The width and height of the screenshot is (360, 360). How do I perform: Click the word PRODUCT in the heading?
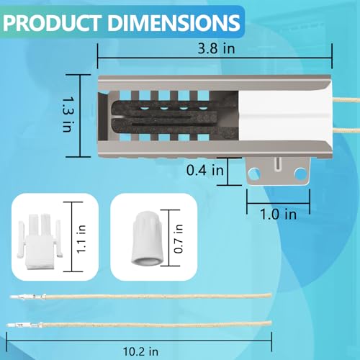52,23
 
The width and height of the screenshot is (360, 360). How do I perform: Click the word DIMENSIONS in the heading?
174,23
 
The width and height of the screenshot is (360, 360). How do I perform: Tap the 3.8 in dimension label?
216,48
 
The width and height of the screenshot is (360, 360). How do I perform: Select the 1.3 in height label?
67,114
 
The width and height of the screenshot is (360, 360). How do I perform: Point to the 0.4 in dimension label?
205,170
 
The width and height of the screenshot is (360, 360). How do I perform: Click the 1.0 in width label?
279,214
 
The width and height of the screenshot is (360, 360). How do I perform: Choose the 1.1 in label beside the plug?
81,239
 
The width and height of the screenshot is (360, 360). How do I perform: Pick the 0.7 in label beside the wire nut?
179,239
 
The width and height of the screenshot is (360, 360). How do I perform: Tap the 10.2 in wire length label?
140,351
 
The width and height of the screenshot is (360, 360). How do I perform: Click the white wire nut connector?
147,238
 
